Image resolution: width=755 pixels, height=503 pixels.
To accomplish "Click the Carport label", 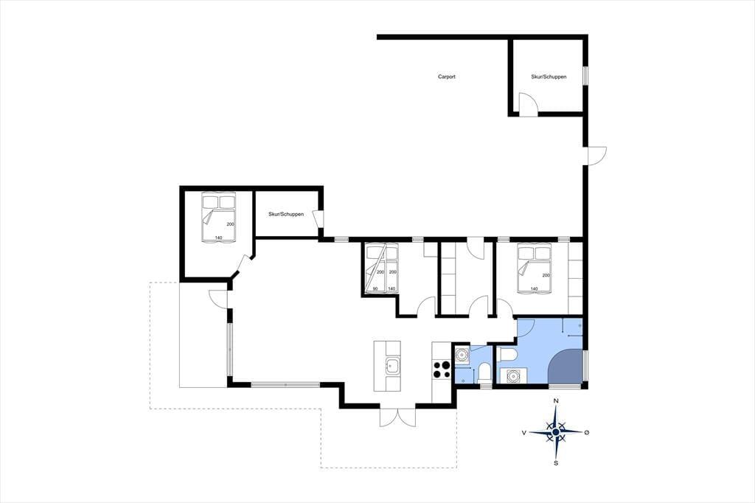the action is point(446,77).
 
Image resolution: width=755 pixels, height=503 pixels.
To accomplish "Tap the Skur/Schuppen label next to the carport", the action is point(549,77).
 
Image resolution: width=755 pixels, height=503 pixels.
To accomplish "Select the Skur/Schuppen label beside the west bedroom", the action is point(286,214).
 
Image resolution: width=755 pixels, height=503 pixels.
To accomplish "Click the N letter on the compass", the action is point(556,401).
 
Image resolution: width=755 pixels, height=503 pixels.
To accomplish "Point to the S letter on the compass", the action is point(556,463).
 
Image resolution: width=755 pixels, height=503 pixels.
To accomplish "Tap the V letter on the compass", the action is point(524,433).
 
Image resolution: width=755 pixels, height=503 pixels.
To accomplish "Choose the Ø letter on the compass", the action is point(586,433).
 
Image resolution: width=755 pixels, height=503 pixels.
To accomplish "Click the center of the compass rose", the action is point(556,432).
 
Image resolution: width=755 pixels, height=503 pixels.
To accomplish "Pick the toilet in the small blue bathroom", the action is point(484,374).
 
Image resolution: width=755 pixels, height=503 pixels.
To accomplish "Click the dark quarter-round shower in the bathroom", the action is point(566,367).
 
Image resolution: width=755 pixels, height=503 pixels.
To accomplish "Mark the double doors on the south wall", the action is point(397,417).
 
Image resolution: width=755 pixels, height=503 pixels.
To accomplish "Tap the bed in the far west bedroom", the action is point(218,218).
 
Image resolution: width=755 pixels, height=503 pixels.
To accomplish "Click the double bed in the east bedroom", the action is point(534,269).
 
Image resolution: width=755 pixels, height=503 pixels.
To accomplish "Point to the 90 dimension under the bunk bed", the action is point(375,288).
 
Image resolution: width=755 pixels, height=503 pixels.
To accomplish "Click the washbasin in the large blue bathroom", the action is point(512,376).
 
